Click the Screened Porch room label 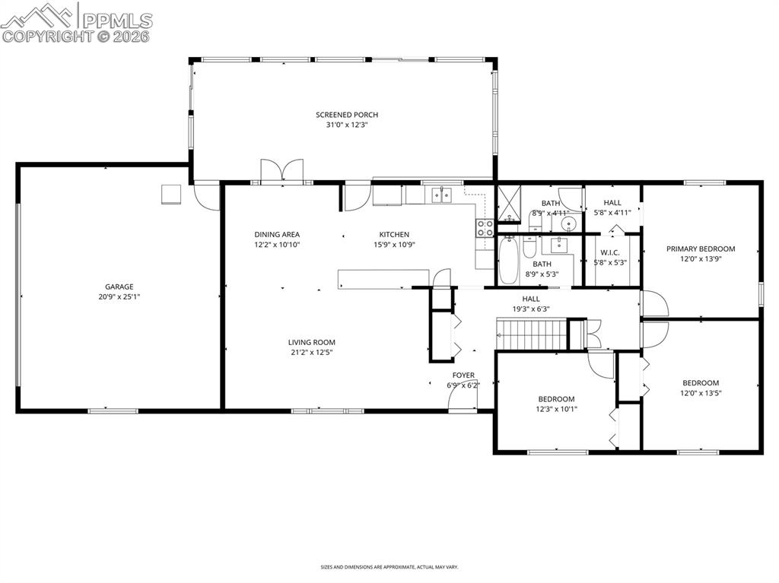click(347, 115)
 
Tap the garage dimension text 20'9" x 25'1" click(119, 297)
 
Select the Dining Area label click(277, 234)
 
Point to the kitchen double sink click(441, 195)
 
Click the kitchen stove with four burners click(485, 228)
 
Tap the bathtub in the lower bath click(508, 261)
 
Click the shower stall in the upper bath click(509, 203)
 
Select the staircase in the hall click(531, 334)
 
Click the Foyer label click(463, 375)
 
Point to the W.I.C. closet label click(609, 253)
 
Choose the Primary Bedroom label click(701, 249)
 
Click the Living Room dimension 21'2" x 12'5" click(311, 353)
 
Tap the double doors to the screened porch click(282, 171)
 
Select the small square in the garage click(172, 194)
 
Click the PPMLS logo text click(117, 21)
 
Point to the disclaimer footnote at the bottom click(389, 566)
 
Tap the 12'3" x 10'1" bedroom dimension click(556, 409)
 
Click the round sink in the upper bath click(569, 224)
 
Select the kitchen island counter click(383, 279)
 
